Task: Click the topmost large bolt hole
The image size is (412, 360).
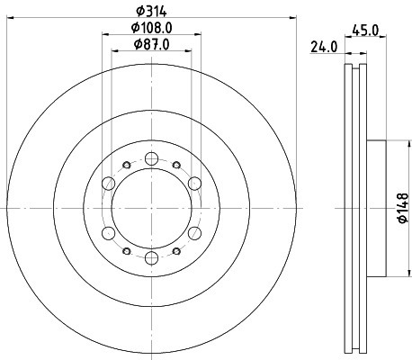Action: click(x=151, y=158)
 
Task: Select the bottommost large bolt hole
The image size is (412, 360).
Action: click(x=151, y=258)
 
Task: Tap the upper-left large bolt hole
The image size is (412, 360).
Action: click(x=109, y=184)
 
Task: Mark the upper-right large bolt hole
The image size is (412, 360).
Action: click(x=194, y=184)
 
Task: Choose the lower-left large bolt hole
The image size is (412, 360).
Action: click(x=109, y=233)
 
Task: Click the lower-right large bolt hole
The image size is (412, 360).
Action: click(x=194, y=233)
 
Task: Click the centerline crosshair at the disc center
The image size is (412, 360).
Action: click(x=151, y=208)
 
